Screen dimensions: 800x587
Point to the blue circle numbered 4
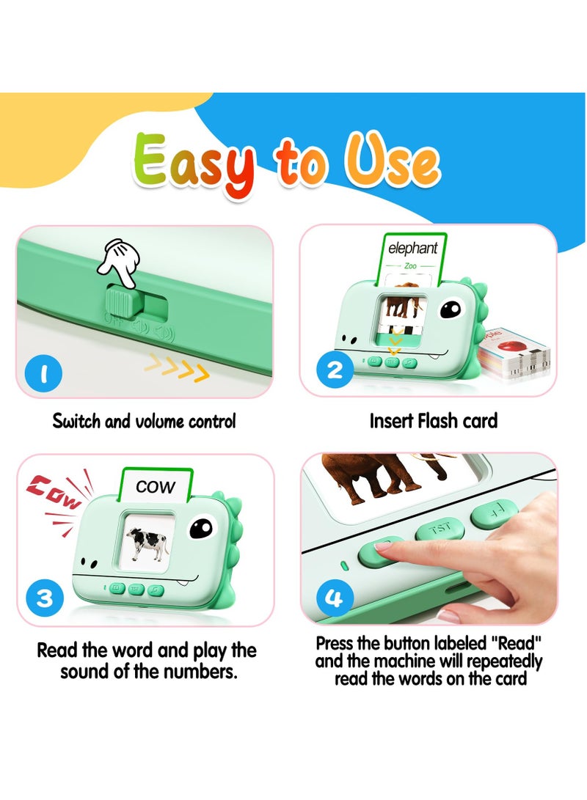(x=334, y=598)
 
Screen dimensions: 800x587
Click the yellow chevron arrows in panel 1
(x=176, y=367)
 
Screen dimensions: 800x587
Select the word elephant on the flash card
(x=413, y=249)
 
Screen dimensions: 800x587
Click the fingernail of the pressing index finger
(x=387, y=545)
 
